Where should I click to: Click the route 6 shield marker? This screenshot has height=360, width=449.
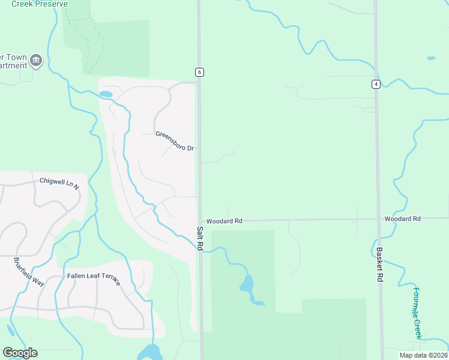click(x=199, y=72)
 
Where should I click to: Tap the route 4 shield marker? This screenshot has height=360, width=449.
click(x=376, y=84)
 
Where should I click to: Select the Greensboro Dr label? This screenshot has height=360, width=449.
click(x=174, y=134)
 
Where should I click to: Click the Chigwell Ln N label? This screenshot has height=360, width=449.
click(x=59, y=181)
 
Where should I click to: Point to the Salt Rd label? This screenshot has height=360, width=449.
click(x=200, y=238)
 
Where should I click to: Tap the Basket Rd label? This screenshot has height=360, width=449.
click(x=379, y=265)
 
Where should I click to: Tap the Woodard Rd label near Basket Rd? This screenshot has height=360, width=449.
click(x=403, y=219)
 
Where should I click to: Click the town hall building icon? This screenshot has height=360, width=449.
click(x=35, y=60)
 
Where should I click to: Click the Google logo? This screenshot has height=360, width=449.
click(x=20, y=353)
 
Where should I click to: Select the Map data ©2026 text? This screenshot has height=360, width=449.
click(x=423, y=355)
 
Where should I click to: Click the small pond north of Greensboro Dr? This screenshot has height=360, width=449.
click(x=106, y=94)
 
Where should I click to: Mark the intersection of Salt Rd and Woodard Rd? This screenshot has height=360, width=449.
click(x=200, y=220)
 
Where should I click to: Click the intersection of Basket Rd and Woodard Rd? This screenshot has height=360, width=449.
click(x=378, y=219)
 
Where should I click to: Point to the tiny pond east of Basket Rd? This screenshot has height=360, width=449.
click(x=431, y=58)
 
